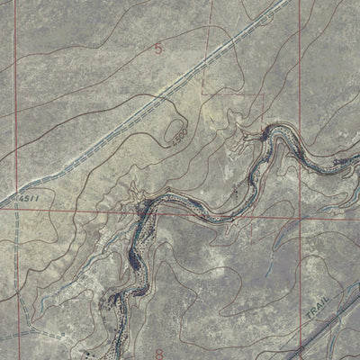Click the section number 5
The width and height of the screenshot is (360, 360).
coord(159,50)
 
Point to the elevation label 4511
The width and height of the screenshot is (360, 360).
coord(32,205)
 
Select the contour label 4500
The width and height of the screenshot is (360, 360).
coord(177,136)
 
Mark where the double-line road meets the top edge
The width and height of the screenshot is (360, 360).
coord(291,3)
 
